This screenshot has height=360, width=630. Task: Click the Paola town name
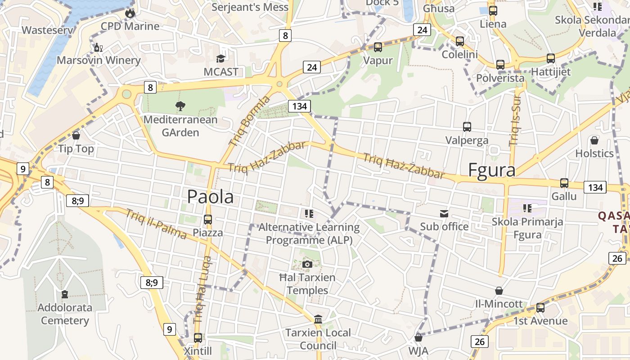pyautogui.click(x=210, y=197)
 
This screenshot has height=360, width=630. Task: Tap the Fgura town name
pyautogui.click(x=491, y=171)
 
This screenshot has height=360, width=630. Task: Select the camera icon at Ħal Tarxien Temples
pyautogui.click(x=307, y=264)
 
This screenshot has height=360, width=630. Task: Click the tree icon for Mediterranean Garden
pyautogui.click(x=180, y=106)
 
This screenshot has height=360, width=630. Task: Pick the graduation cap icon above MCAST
pyautogui.click(x=220, y=58)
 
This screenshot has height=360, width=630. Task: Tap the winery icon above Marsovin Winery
pyautogui.click(x=98, y=47)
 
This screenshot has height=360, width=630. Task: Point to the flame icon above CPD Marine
pyautogui.click(x=130, y=13)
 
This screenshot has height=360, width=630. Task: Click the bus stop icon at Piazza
pyautogui.click(x=208, y=220)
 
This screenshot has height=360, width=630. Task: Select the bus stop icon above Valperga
pyautogui.click(x=467, y=127)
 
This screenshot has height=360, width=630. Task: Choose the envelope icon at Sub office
pyautogui.click(x=444, y=214)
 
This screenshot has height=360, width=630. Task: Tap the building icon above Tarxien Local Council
pyautogui.click(x=318, y=319)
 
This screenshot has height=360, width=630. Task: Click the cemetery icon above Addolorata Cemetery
pyautogui.click(x=65, y=295)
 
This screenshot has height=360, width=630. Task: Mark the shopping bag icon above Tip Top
pyautogui.click(x=76, y=135)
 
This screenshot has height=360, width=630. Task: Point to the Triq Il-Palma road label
pyautogui.click(x=156, y=225)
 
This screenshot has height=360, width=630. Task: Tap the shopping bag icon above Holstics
pyautogui.click(x=594, y=140)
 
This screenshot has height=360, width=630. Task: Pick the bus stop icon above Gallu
pyautogui.click(x=564, y=183)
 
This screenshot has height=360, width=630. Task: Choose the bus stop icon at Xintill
pyautogui.click(x=198, y=337)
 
